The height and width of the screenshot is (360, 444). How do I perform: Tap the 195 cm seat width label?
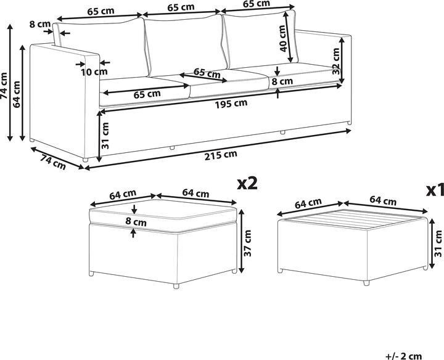pos(231,104)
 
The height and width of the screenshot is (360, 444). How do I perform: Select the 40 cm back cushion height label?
pos(283,38)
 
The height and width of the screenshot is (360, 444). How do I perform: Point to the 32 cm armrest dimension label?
pos(336,61)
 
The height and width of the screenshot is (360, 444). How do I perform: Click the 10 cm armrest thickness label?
pos(94,72)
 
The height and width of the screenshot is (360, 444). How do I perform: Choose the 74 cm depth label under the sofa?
pos(52,162)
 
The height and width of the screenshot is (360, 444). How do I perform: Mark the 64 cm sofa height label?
pos(17,94)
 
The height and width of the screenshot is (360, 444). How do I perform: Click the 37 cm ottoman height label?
pos(247,243)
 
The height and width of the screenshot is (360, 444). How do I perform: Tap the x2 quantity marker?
pos(247,183)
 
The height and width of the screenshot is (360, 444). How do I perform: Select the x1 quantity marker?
pos(435,191)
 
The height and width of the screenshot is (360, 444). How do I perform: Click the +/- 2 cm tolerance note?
pos(403,356)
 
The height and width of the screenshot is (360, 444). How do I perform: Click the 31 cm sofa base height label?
pos(105,136)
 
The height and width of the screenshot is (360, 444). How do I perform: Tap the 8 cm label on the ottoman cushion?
pos(136,221)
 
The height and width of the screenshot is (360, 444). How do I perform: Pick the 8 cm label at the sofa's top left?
pos(40,24)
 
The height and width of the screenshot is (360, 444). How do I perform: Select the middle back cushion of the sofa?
pos(186,45)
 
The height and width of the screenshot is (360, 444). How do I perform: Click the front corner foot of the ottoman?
pos(176,286)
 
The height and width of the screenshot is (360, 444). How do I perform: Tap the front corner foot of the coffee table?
pos(366,283)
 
